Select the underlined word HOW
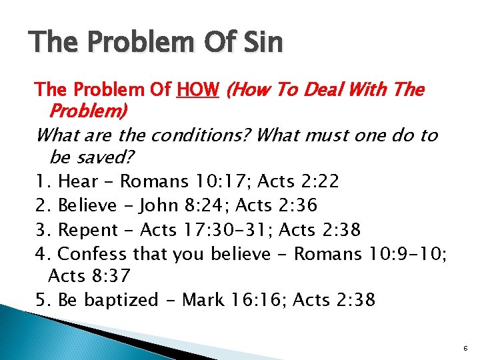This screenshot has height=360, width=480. pyautogui.click(x=198, y=89)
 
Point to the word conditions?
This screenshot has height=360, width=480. pyautogui.click(x=201, y=135)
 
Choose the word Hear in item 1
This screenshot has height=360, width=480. pyautogui.click(x=79, y=181)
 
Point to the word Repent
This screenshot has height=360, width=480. pyautogui.click(x=88, y=229)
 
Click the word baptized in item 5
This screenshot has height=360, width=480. pyautogui.click(x=120, y=300)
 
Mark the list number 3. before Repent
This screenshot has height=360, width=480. pyautogui.click(x=44, y=229)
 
